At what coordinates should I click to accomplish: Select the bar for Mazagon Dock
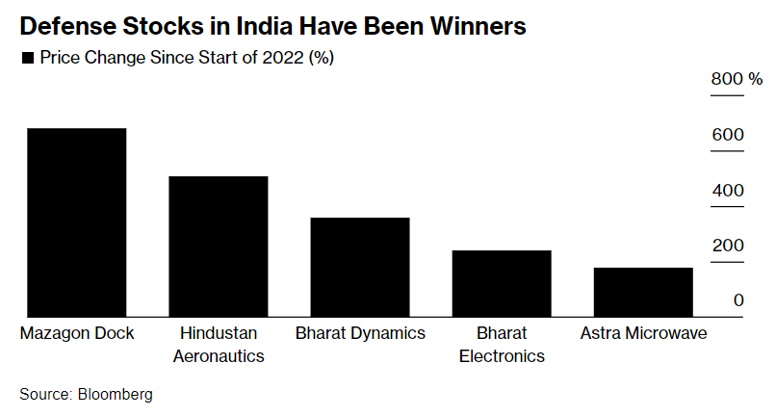coord(76,221)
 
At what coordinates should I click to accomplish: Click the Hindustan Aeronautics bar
coord(219,246)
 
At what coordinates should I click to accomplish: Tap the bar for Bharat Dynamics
coord(359,267)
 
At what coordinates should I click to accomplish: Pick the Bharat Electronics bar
coord(502,282)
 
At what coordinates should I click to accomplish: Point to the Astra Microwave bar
coord(643,291)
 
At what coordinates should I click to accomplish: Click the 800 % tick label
coord(737,79)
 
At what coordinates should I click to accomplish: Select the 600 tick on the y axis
coord(728,135)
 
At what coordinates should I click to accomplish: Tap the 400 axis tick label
coord(728,191)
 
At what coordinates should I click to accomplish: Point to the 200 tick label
coord(728,246)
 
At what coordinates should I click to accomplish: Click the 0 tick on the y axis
coord(738,300)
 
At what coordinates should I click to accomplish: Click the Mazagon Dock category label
coord(77,333)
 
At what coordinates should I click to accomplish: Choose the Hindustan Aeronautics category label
coord(219,344)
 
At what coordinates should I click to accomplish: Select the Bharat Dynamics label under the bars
coord(360,333)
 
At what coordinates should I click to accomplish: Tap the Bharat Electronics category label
coord(502,344)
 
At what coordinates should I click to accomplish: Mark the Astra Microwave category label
coord(643,333)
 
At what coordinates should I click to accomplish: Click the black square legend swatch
coord(27,59)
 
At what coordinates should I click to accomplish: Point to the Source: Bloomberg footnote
coord(86,394)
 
